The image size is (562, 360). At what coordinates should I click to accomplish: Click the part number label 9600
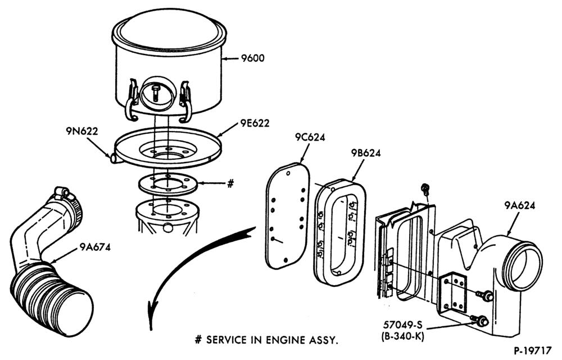[253, 58]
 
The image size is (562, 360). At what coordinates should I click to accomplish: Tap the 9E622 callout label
[255, 123]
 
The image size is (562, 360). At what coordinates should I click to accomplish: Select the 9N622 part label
[81, 132]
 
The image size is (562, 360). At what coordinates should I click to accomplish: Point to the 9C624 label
[310, 137]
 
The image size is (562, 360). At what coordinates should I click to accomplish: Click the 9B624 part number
[366, 153]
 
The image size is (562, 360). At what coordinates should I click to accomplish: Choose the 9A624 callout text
[520, 205]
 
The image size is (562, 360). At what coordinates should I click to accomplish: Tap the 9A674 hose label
[94, 247]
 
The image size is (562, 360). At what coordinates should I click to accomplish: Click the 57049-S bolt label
[403, 325]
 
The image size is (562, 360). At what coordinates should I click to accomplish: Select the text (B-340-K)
[403, 337]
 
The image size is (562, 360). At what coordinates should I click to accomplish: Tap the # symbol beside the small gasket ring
[230, 183]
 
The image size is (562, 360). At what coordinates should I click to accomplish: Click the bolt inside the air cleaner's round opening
[157, 92]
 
